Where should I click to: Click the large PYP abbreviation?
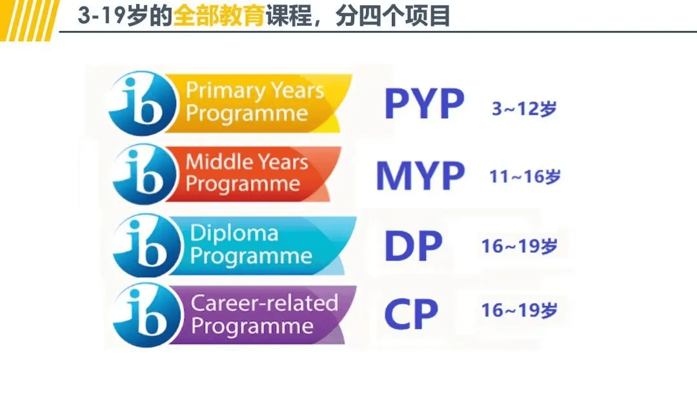coord(423,104)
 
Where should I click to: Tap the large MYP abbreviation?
coord(420,175)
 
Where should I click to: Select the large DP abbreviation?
coord(414,246)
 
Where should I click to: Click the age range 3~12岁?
coord(524,109)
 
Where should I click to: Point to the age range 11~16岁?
coord(525,176)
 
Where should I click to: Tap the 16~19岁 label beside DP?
coord(520,246)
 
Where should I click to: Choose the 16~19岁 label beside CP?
coord(520,310)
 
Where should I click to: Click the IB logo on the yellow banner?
coord(143,103)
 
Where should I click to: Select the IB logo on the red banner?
coord(143,173)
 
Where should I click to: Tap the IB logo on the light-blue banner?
coord(143,244)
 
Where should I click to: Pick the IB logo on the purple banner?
coord(143,313)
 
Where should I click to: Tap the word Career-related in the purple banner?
coord(265,303)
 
